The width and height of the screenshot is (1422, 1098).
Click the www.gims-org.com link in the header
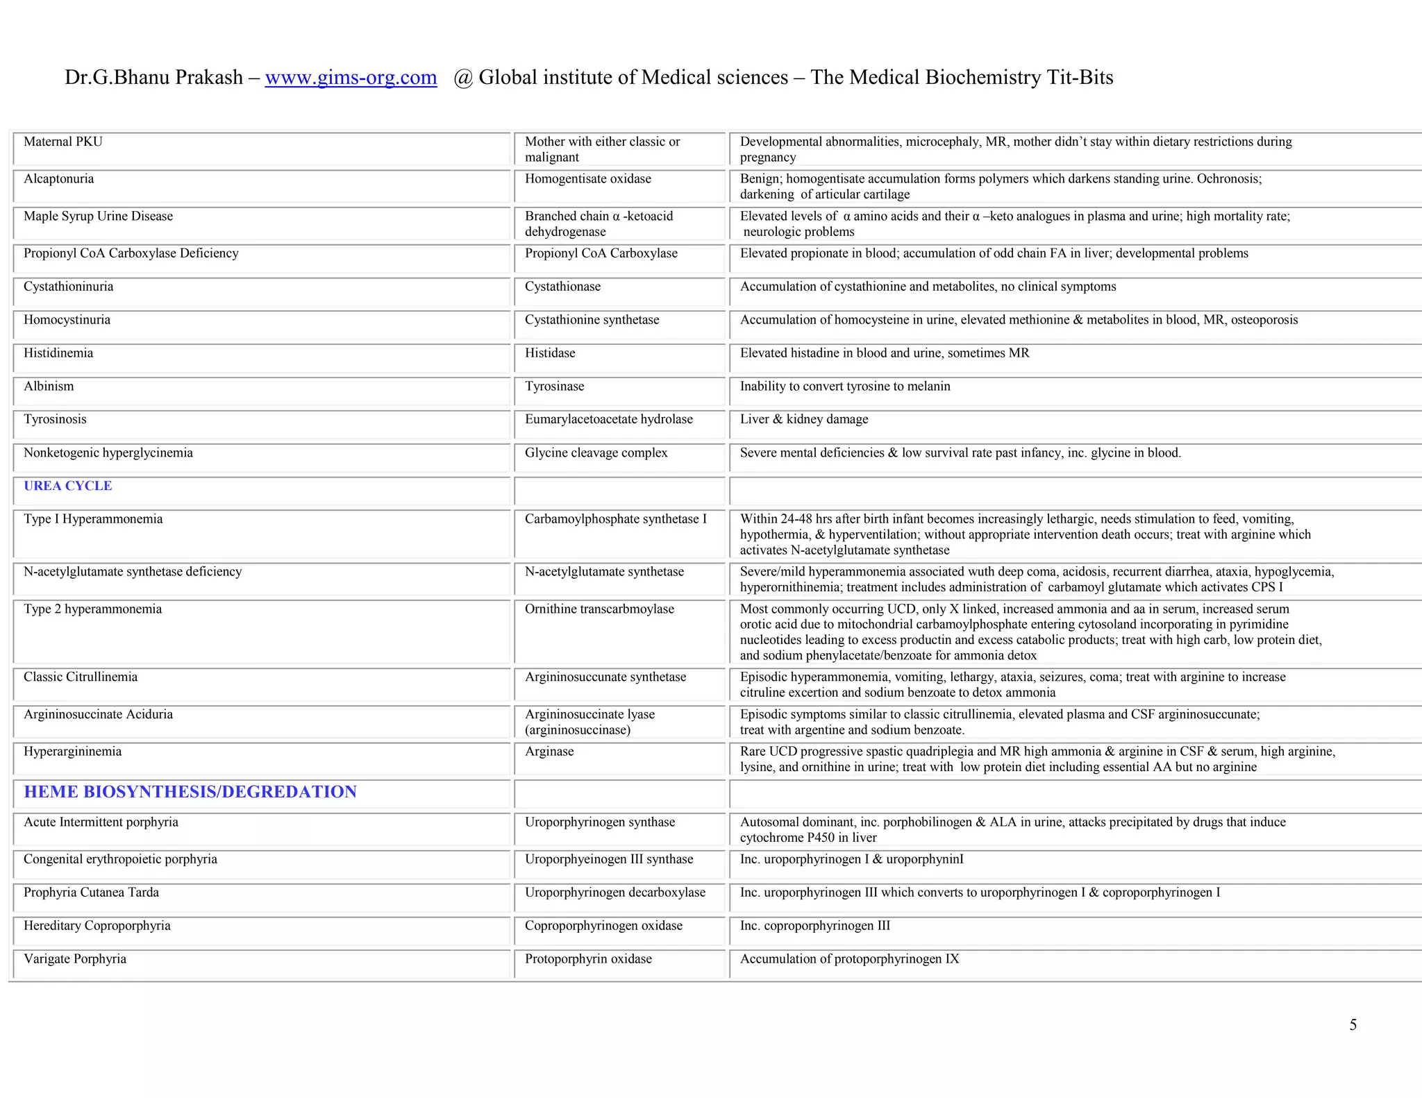point(351,77)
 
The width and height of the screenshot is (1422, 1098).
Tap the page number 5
point(1353,1025)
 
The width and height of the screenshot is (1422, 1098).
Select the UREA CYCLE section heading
point(67,486)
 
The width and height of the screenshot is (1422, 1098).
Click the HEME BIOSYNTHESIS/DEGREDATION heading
point(190,792)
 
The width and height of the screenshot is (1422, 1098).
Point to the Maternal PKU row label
point(62,142)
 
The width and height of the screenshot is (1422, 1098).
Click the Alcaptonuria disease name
point(58,179)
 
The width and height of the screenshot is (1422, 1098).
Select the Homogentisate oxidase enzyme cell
point(587,179)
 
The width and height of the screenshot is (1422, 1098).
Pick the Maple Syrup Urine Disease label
point(98,217)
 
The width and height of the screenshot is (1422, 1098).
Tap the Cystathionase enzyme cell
point(562,287)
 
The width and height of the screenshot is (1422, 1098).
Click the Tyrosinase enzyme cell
point(554,387)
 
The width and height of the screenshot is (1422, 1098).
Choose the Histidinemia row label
point(58,353)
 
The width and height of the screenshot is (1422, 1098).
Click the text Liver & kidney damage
point(803,419)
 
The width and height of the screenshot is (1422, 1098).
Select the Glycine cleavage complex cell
point(596,453)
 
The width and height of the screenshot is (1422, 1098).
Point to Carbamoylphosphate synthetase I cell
point(615,519)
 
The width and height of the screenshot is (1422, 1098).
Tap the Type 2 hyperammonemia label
point(92,609)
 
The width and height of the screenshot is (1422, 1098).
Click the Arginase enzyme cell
point(549,752)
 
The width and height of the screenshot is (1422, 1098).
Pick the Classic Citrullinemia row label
point(81,677)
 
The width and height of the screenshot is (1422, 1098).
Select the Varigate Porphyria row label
point(75,959)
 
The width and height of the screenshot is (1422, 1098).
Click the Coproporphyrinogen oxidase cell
point(603,926)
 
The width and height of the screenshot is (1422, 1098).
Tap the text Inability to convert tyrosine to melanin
point(844,387)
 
